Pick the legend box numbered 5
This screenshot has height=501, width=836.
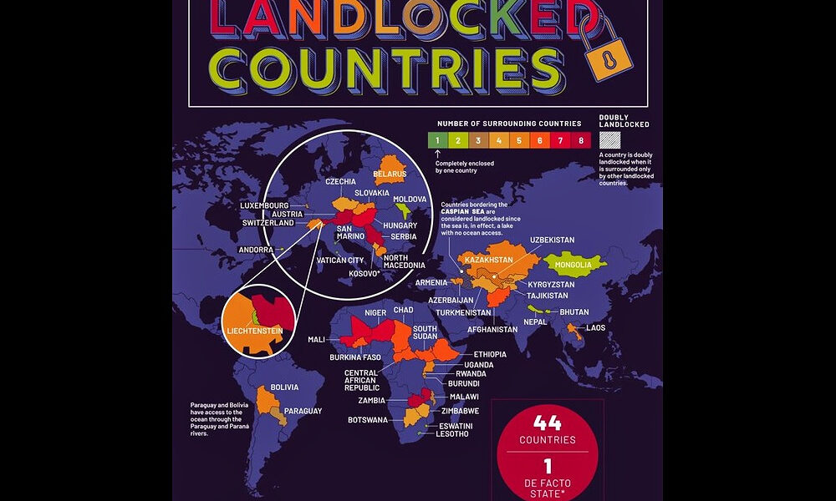[518, 140]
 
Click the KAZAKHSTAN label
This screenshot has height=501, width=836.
[487, 261]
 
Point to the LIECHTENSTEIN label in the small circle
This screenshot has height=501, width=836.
[255, 331]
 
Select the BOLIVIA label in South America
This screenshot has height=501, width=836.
[284, 387]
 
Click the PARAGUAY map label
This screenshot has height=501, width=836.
[303, 411]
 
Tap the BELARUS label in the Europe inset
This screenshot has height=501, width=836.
[390, 175]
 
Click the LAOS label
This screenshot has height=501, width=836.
[595, 327]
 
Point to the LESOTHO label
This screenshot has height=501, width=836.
[451, 434]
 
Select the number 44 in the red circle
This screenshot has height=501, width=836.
[547, 423]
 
